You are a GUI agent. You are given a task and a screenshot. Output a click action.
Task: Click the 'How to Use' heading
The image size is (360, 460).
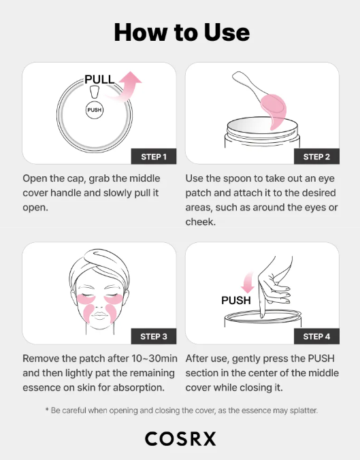tap(182, 32)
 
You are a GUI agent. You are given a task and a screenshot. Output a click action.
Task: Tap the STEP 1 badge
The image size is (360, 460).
tap(154, 157)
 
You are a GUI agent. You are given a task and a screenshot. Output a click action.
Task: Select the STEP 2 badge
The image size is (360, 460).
tap(316, 157)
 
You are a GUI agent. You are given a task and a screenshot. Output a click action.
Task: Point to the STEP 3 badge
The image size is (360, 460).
tap(154, 336)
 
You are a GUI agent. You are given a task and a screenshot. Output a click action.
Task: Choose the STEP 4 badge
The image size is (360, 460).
tap(316, 336)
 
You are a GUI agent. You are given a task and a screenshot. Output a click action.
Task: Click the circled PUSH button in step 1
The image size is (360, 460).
tap(95, 109)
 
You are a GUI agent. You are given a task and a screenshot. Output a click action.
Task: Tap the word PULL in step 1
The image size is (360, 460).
tap(99, 80)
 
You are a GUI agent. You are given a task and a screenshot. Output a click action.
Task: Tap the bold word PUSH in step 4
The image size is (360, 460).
tap(236, 300)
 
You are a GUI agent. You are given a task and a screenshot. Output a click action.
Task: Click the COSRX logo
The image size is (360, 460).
tap(180, 439)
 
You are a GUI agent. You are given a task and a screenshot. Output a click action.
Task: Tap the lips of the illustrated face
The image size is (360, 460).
tap(100, 321)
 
